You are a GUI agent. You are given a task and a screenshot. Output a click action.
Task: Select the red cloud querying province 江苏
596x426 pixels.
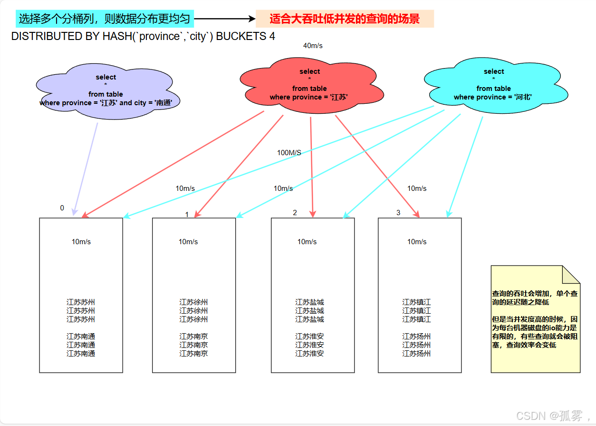coord(309,85)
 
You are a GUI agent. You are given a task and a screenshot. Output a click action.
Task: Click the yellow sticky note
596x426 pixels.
coord(535,319)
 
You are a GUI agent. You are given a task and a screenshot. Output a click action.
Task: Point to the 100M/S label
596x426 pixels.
coord(289,153)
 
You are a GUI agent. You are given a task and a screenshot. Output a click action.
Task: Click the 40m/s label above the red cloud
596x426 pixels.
coord(313,46)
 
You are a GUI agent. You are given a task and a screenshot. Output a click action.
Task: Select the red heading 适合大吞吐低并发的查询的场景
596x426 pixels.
coord(345,19)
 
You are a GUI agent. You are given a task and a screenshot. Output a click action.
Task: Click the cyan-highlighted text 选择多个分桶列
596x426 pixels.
coord(105,19)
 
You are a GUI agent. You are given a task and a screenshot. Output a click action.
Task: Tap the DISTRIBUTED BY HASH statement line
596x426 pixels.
coord(143,36)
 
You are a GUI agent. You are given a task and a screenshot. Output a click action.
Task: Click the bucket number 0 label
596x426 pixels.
coord(62,208)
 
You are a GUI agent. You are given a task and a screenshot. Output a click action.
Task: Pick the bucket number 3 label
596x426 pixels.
coord(398,213)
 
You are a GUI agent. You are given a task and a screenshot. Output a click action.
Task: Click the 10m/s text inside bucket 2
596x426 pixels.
coord(307,242)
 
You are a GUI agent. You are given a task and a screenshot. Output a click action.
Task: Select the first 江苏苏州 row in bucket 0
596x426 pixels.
coord(81,302)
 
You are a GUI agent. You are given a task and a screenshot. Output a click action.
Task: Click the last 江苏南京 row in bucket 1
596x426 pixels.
coord(193,354)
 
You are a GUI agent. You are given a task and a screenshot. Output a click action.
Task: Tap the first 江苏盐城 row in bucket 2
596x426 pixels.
coord(309,302)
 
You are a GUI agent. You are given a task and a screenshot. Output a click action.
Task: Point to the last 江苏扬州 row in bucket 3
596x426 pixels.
coord(416,354)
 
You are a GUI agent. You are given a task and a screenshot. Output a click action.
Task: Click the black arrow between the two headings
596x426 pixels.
coord(225,19)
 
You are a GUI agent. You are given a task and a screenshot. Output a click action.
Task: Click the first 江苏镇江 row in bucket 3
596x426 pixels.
coord(416,302)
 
